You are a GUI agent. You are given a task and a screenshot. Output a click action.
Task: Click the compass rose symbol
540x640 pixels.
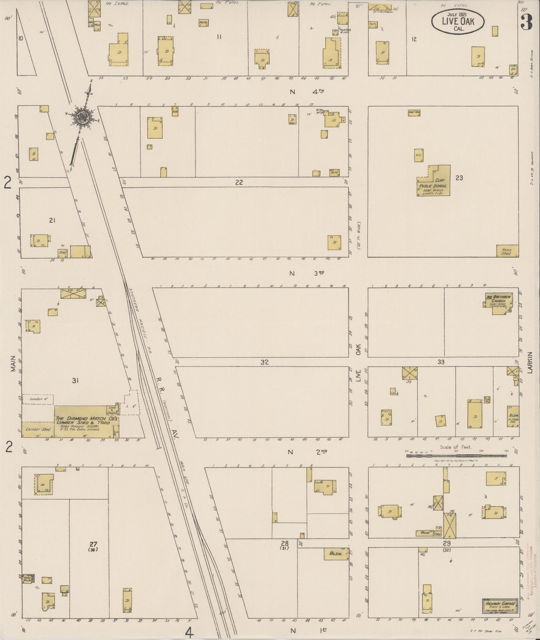pos(81,117)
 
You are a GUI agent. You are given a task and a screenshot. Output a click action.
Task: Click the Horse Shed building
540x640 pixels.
pos(507,251)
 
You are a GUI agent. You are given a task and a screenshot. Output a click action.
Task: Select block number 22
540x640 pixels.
pos(239,183)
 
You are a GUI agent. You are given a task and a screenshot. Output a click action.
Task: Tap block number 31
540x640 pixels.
pos(75,380)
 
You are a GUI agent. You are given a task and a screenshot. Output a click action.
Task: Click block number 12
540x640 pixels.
pos(414,39)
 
